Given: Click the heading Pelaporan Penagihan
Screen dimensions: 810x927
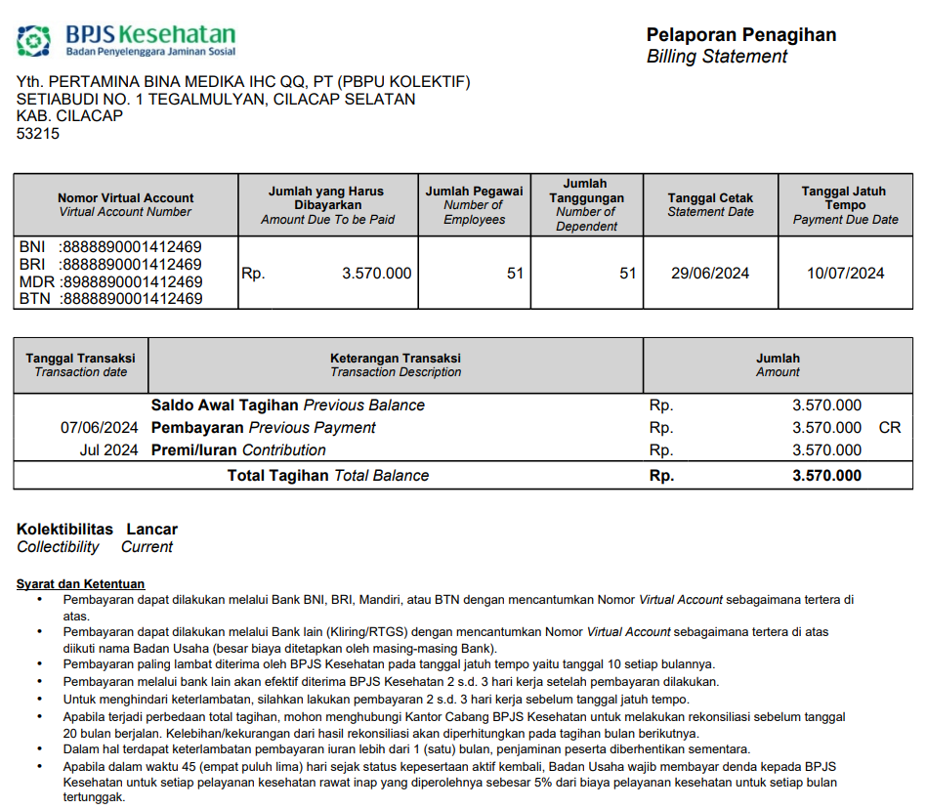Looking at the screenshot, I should click(x=740, y=35).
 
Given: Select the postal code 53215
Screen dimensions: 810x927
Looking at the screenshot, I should click(x=38, y=134).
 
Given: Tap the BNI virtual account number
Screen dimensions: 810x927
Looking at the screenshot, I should click(x=131, y=246).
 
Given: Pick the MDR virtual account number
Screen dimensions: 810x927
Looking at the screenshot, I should click(x=131, y=281).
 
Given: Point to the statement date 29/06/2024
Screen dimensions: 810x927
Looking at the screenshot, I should click(x=710, y=274).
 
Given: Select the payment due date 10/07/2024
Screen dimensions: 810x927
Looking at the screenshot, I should click(x=845, y=274).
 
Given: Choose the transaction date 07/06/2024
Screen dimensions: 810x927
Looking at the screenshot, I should click(x=99, y=428).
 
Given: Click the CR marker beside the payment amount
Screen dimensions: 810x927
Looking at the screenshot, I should click(x=890, y=428).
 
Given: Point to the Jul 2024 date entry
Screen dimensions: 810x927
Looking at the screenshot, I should click(x=108, y=450).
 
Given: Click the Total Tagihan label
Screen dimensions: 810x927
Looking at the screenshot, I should click(x=279, y=476).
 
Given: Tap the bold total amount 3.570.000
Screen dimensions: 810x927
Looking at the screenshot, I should click(x=826, y=476).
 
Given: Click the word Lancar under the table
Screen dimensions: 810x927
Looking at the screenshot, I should click(x=152, y=530).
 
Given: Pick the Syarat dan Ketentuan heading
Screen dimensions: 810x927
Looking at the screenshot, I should click(x=80, y=584).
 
